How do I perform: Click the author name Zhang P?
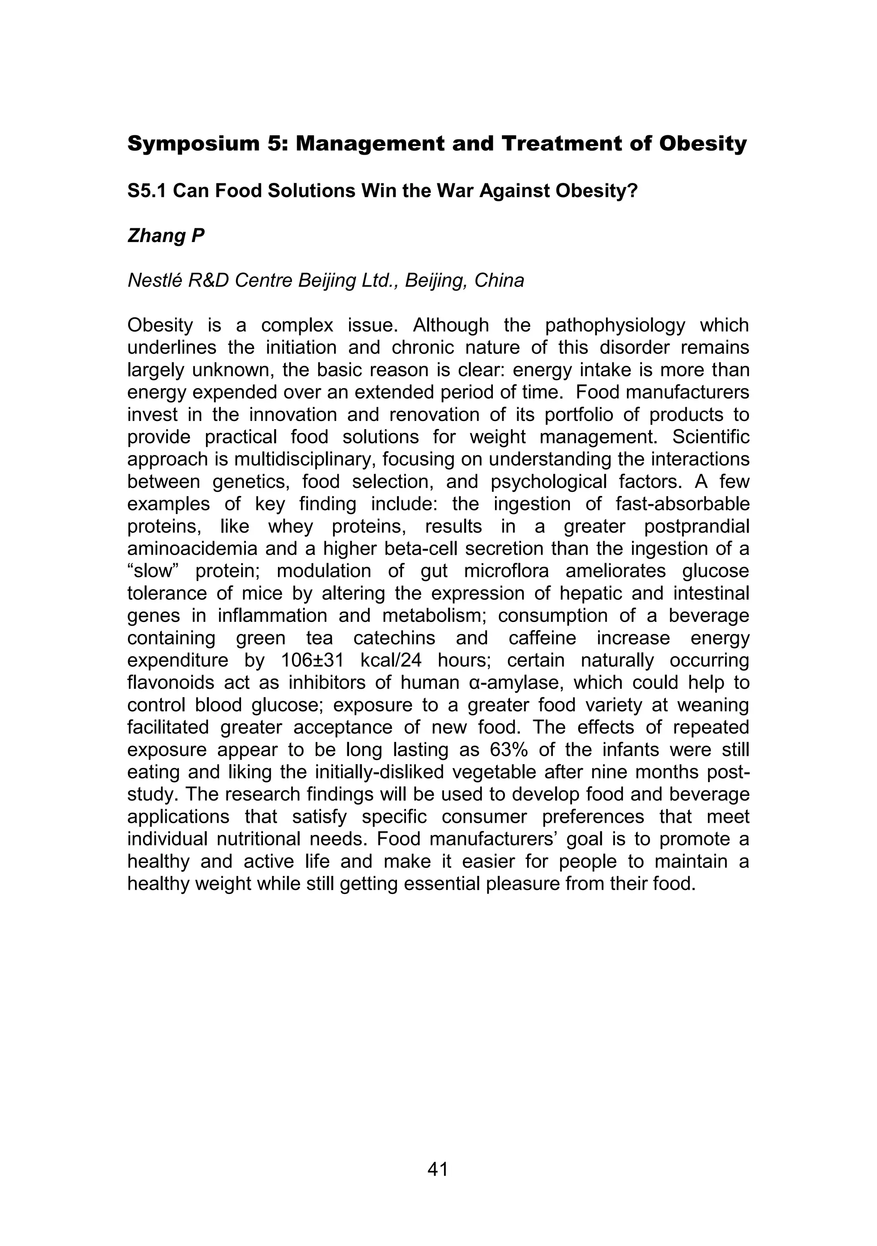click(x=166, y=236)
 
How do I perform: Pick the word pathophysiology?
click(x=615, y=326)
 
